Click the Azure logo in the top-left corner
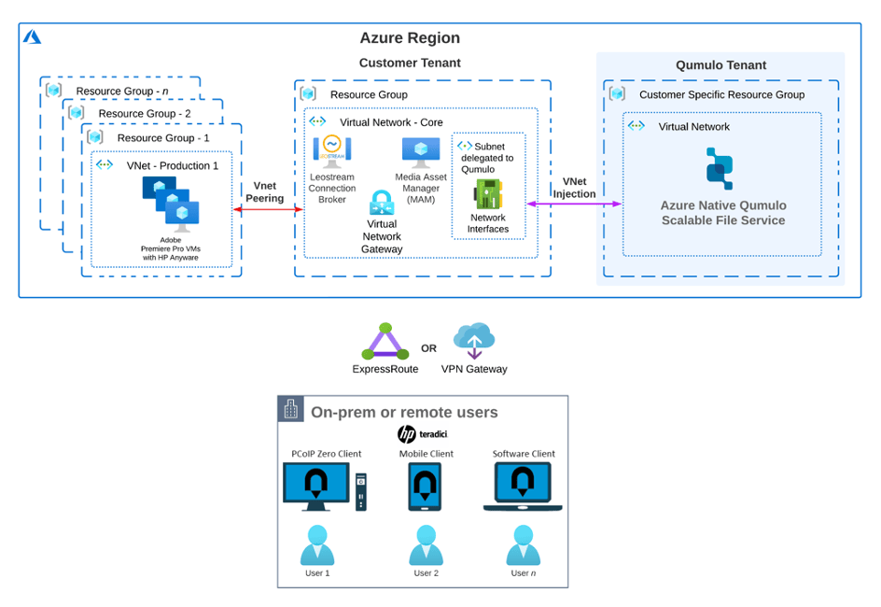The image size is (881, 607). (x=33, y=36)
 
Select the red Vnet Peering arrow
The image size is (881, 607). (x=268, y=210)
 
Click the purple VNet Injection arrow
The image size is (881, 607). (x=574, y=203)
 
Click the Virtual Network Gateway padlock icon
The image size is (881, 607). (x=382, y=203)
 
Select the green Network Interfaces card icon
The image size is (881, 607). (x=488, y=194)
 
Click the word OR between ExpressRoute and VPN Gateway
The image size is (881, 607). (x=428, y=348)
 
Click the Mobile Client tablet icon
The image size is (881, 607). (x=426, y=487)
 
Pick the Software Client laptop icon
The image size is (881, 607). (x=523, y=487)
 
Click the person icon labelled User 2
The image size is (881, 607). (x=426, y=545)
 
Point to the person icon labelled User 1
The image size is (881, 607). (x=317, y=545)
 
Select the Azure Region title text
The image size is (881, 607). (x=410, y=38)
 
